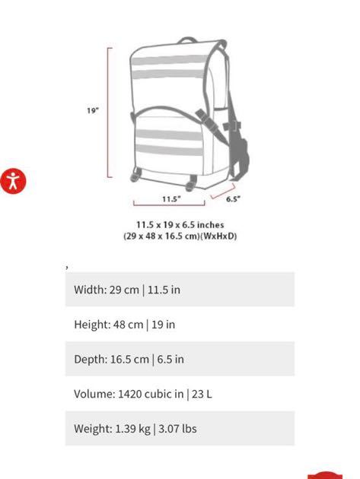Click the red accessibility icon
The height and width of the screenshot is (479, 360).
click(13, 181)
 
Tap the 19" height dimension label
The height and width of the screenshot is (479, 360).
click(93, 110)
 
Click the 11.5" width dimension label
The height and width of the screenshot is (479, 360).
click(171, 199)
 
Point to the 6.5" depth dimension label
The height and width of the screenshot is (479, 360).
click(233, 199)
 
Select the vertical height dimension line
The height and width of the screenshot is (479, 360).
click(108, 113)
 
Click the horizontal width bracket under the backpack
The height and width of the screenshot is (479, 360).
click(169, 205)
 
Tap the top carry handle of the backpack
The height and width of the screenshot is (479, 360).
click(187, 40)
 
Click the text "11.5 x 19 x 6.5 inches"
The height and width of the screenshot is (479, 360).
click(180, 225)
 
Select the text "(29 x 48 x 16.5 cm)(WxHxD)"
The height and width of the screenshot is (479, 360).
click(180, 236)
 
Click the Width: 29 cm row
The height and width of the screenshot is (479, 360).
click(180, 289)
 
